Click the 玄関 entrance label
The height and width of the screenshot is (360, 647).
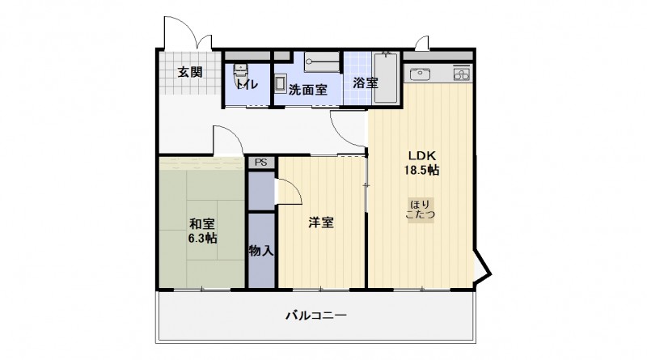[190, 71]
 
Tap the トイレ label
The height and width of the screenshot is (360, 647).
[247, 84]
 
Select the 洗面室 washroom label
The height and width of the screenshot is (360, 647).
[308, 90]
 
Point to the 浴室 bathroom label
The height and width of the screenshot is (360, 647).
[365, 83]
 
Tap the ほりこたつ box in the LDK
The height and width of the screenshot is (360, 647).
[421, 209]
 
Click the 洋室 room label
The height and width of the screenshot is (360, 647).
[321, 222]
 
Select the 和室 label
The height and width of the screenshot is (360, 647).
[202, 223]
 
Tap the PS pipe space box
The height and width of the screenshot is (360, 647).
[260, 163]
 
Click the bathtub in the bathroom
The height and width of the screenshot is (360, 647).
[387, 78]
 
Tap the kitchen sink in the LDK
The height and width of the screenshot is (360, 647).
[421, 74]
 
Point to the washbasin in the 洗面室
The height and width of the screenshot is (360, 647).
[280, 85]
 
